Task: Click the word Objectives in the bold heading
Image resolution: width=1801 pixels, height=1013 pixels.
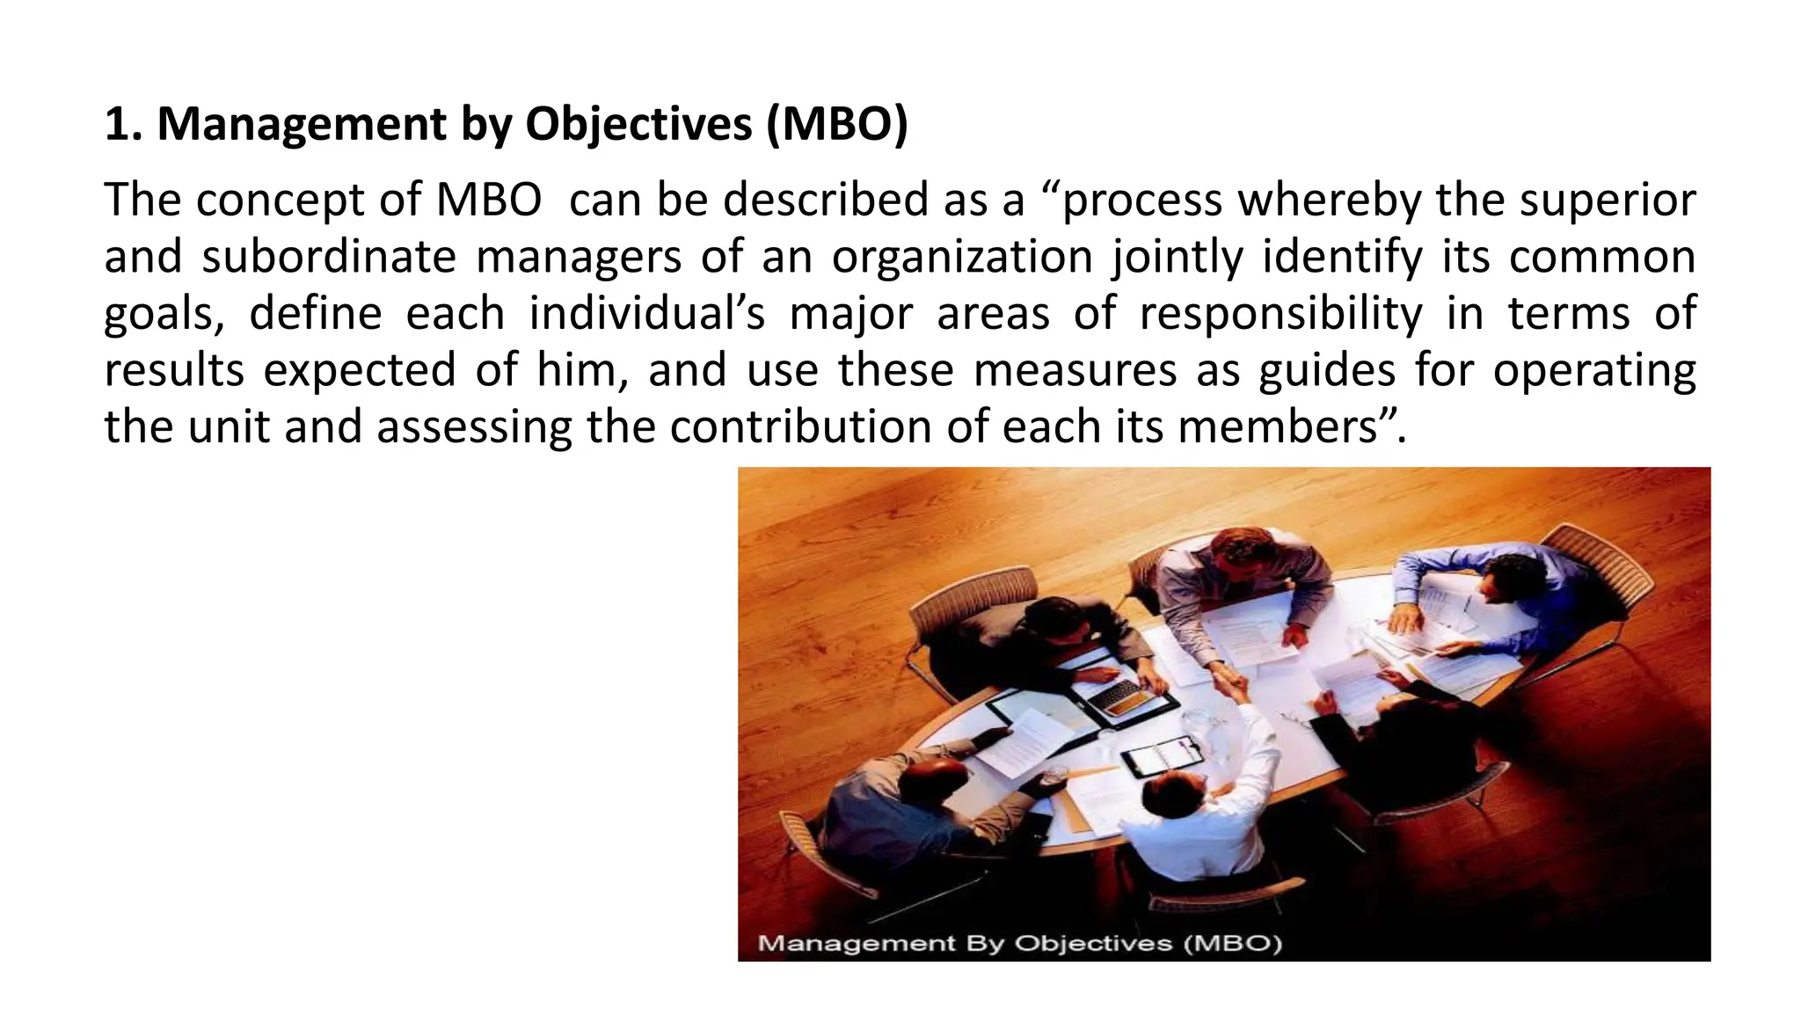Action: tap(638, 124)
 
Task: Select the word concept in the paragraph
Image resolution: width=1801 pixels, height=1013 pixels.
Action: tap(278, 200)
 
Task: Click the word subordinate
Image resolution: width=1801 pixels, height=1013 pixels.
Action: tap(329, 257)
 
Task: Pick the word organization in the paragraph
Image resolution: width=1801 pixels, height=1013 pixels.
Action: tap(962, 257)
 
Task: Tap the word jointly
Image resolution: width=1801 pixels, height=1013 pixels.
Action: tap(1178, 257)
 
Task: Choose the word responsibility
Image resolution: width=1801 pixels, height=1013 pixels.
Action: tap(1280, 314)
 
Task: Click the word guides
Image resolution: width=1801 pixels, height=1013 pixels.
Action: tap(1327, 369)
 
